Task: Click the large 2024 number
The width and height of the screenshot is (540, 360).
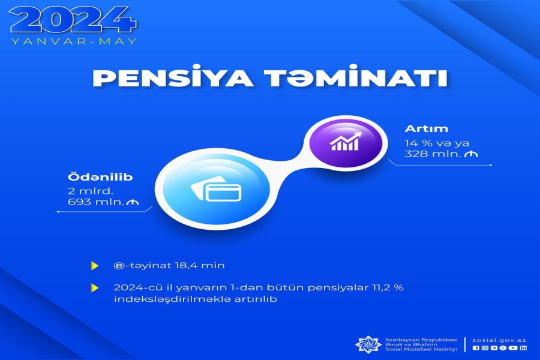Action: click(73, 20)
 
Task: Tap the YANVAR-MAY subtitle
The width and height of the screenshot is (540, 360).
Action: click(74, 41)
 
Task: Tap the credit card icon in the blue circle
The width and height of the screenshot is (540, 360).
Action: click(216, 190)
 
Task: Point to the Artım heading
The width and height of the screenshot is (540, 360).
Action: click(427, 128)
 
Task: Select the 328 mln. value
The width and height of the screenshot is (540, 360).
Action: click(433, 154)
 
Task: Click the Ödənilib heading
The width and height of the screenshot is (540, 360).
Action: click(100, 177)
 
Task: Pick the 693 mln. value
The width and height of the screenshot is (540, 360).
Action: click(96, 202)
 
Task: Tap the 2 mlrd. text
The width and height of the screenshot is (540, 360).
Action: click(90, 191)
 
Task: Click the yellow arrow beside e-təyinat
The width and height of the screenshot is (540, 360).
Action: click(94, 266)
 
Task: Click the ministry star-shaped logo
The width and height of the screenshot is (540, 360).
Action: click(368, 344)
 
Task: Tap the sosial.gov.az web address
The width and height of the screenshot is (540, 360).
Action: click(499, 340)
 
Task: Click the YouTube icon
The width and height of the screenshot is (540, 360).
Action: click(513, 348)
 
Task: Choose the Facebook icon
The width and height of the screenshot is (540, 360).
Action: click(476, 348)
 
